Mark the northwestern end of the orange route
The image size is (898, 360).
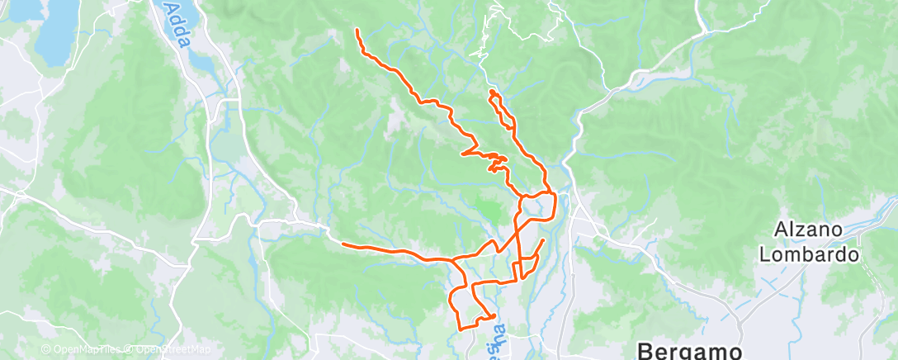pos(357,30)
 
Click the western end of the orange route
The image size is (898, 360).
pos(343,243)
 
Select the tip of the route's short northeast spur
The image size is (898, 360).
pos(543,240)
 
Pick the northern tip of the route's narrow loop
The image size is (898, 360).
pos(491,91)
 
